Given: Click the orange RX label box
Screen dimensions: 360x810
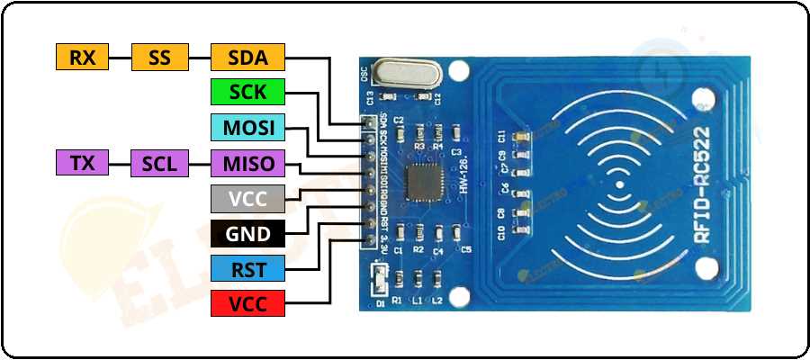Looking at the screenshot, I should point(82,58).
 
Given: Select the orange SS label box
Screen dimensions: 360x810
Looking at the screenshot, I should point(160,58).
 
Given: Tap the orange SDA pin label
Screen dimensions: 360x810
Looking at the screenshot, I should point(247,58).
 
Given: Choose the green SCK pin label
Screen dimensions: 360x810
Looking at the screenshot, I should point(247,92).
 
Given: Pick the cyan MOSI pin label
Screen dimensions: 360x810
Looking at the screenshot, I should point(247,127).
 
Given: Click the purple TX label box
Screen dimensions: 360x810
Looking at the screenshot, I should point(82,163).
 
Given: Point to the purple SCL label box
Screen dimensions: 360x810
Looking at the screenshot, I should point(160,163).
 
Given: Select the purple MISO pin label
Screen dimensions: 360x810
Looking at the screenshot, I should point(247,163).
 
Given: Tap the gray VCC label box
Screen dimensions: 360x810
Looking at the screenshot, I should point(247,198).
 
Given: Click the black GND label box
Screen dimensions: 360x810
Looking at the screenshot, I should point(247,232).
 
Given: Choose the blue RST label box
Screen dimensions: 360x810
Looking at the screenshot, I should point(247,267).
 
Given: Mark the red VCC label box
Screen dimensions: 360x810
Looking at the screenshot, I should point(247,302).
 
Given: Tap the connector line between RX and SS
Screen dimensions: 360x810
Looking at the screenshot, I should point(121,58).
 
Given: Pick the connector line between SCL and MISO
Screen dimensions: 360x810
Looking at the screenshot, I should point(200,163).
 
